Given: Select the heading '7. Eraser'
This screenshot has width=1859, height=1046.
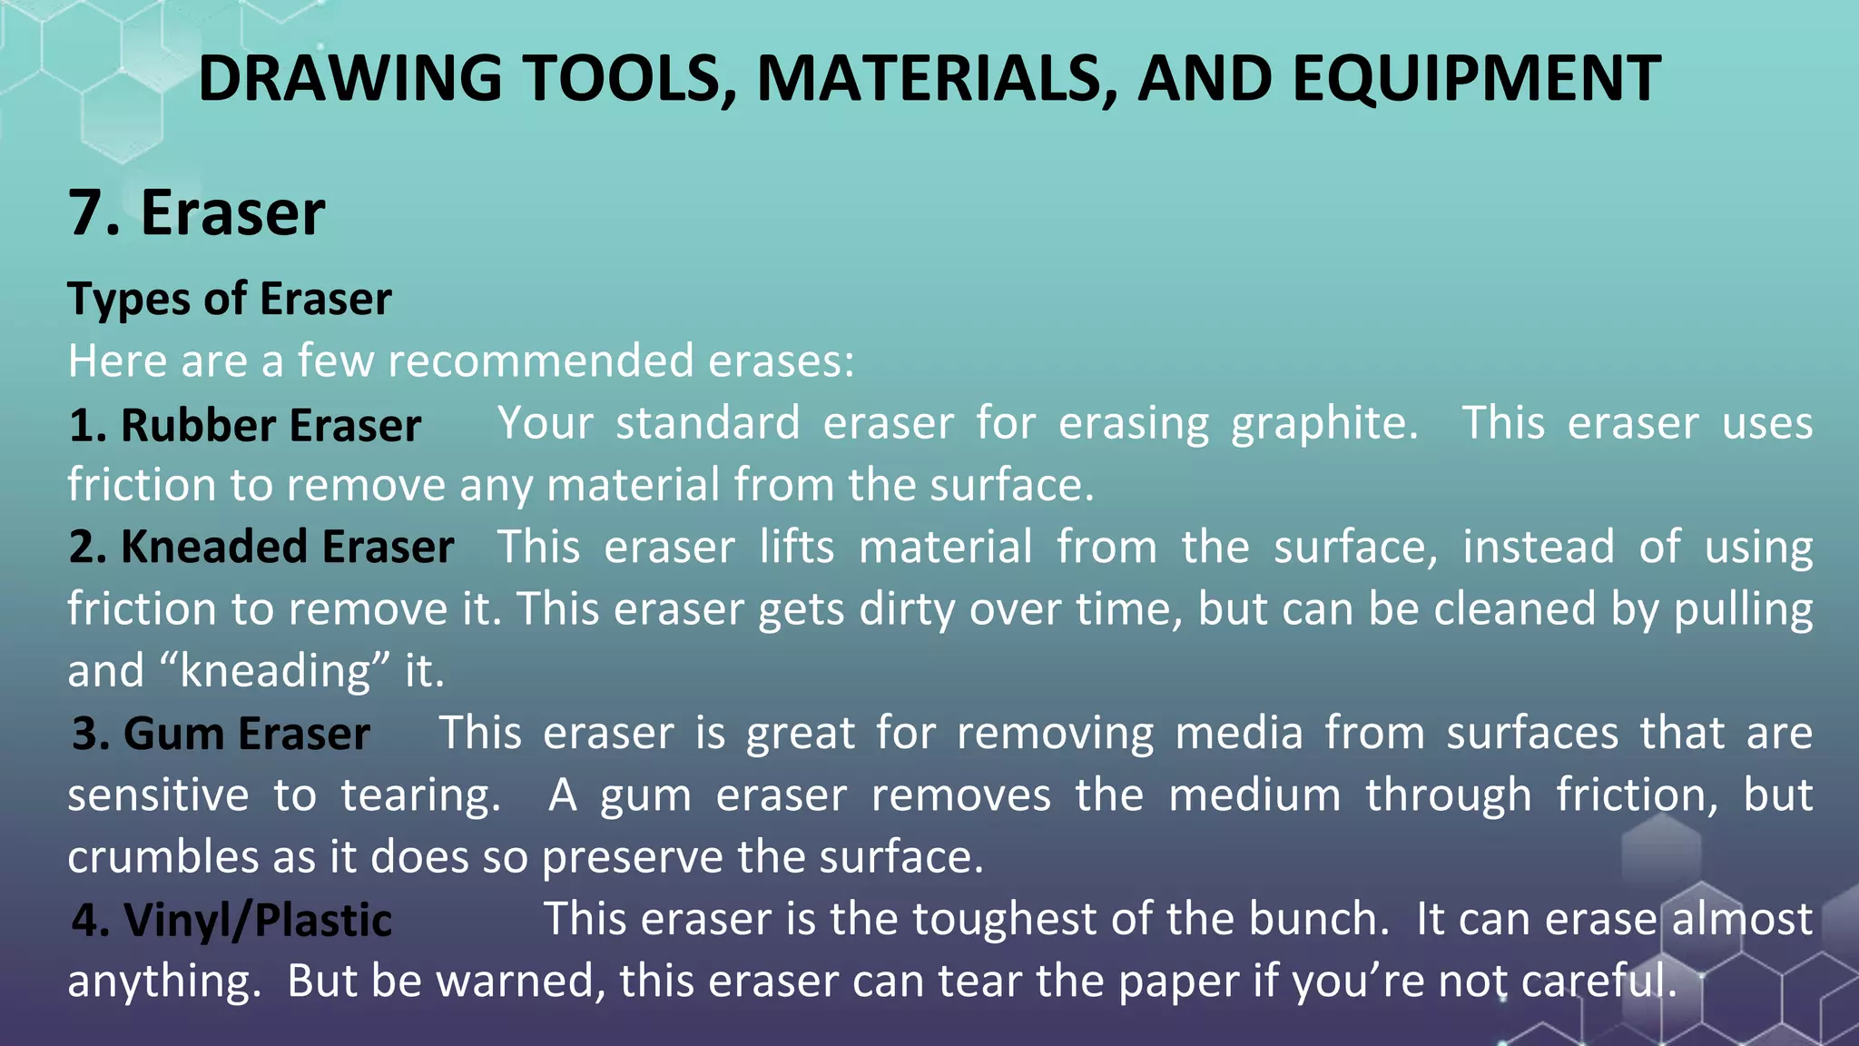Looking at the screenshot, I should tap(196, 213).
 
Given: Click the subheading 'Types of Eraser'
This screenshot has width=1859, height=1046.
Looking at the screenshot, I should tap(230, 299).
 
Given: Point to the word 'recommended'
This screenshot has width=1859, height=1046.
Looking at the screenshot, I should tap(541, 360).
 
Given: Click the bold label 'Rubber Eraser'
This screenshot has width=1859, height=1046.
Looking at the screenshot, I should tap(270, 425).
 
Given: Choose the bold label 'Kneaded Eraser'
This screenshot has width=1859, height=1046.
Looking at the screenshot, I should tap(287, 548).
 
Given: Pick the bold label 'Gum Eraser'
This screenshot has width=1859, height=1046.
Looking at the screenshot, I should tap(246, 734).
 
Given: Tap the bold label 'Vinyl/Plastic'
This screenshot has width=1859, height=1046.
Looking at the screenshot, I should tap(258, 920).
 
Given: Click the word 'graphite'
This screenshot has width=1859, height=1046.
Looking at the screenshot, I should tap(1323, 424).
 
